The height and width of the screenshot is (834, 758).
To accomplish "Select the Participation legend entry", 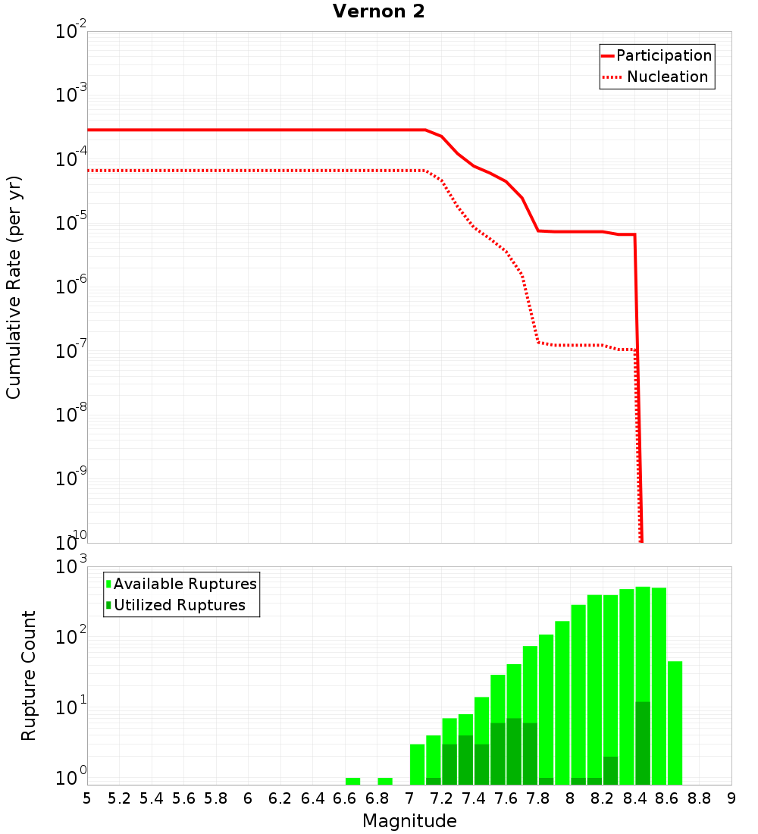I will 664,55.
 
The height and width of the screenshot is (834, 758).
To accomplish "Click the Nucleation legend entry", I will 667,77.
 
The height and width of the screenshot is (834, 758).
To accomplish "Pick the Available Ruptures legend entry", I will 185,584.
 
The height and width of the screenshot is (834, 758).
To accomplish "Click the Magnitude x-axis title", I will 409,821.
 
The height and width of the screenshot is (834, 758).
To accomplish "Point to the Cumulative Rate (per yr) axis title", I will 14,287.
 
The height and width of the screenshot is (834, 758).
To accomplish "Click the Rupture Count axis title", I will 29,676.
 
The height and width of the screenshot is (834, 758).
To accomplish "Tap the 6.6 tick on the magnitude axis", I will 345,798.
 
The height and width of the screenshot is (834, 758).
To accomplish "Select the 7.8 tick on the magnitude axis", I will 538,798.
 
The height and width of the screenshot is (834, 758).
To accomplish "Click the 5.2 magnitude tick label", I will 119,798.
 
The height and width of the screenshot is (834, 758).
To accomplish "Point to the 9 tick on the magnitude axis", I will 731,798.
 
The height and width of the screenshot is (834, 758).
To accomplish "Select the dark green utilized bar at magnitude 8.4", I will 643,743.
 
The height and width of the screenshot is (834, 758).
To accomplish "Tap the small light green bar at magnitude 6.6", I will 352,781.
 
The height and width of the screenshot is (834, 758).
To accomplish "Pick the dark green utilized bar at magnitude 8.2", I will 610,770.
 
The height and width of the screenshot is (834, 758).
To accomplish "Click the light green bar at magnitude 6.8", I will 385,781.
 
